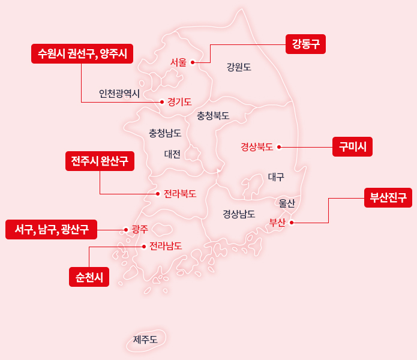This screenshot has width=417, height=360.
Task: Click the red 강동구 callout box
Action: (x=305, y=44)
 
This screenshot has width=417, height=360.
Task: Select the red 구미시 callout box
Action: (x=352, y=146)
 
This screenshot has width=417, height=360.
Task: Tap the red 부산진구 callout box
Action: (x=388, y=197)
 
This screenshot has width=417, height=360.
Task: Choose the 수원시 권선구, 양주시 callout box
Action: (x=82, y=53)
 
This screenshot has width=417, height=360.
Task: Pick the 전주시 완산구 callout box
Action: (x=100, y=161)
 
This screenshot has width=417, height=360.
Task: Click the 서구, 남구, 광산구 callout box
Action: (x=52, y=229)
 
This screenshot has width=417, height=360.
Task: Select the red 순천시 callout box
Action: (x=89, y=277)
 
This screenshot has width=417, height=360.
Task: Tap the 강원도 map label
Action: (x=239, y=67)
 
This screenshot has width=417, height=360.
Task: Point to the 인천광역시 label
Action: (x=119, y=94)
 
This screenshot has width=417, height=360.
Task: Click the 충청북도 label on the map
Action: (x=213, y=115)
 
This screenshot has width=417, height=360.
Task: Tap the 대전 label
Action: (x=173, y=154)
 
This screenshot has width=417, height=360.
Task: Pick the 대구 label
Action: (x=276, y=177)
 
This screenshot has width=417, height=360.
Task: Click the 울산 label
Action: (x=287, y=203)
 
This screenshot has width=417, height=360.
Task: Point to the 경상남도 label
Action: (x=239, y=214)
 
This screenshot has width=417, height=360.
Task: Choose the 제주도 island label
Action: (x=145, y=340)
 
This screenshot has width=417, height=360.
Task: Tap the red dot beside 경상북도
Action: (x=279, y=146)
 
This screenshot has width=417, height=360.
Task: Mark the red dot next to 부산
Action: (x=292, y=223)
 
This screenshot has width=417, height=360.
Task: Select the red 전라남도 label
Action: (x=166, y=245)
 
